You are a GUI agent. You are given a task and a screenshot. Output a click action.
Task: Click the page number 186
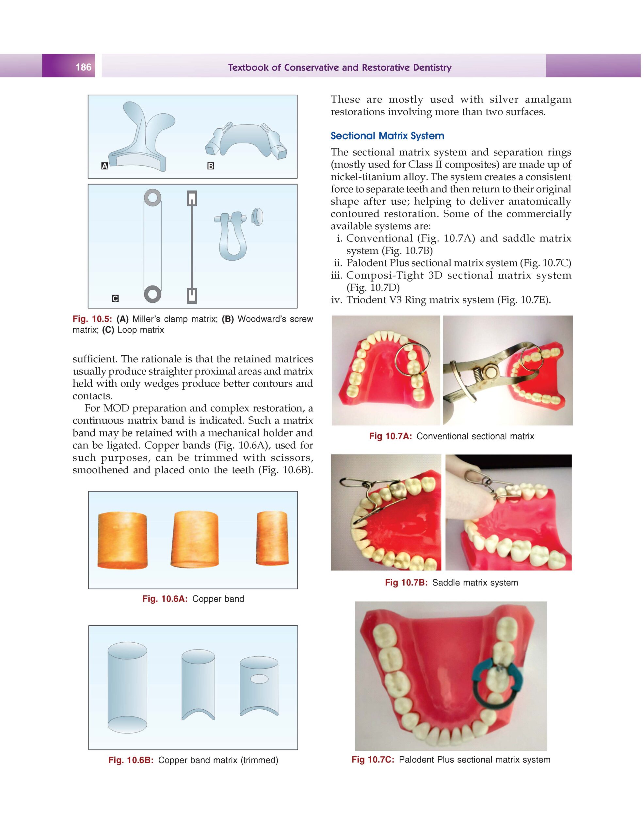pos(83,67)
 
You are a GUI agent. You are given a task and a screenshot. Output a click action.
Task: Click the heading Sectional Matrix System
pos(387,136)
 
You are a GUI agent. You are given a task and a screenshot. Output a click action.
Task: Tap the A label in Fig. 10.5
pos(104,166)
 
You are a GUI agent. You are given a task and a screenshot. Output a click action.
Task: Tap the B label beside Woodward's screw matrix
pos(210,166)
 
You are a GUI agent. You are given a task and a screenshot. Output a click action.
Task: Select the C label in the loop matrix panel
pos(115,298)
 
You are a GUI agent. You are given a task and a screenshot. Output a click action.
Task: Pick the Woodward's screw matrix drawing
pos(245,142)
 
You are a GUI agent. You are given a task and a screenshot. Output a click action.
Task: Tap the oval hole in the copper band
pos(259,679)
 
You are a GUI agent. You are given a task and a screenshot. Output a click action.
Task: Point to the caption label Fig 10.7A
pos(390,436)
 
